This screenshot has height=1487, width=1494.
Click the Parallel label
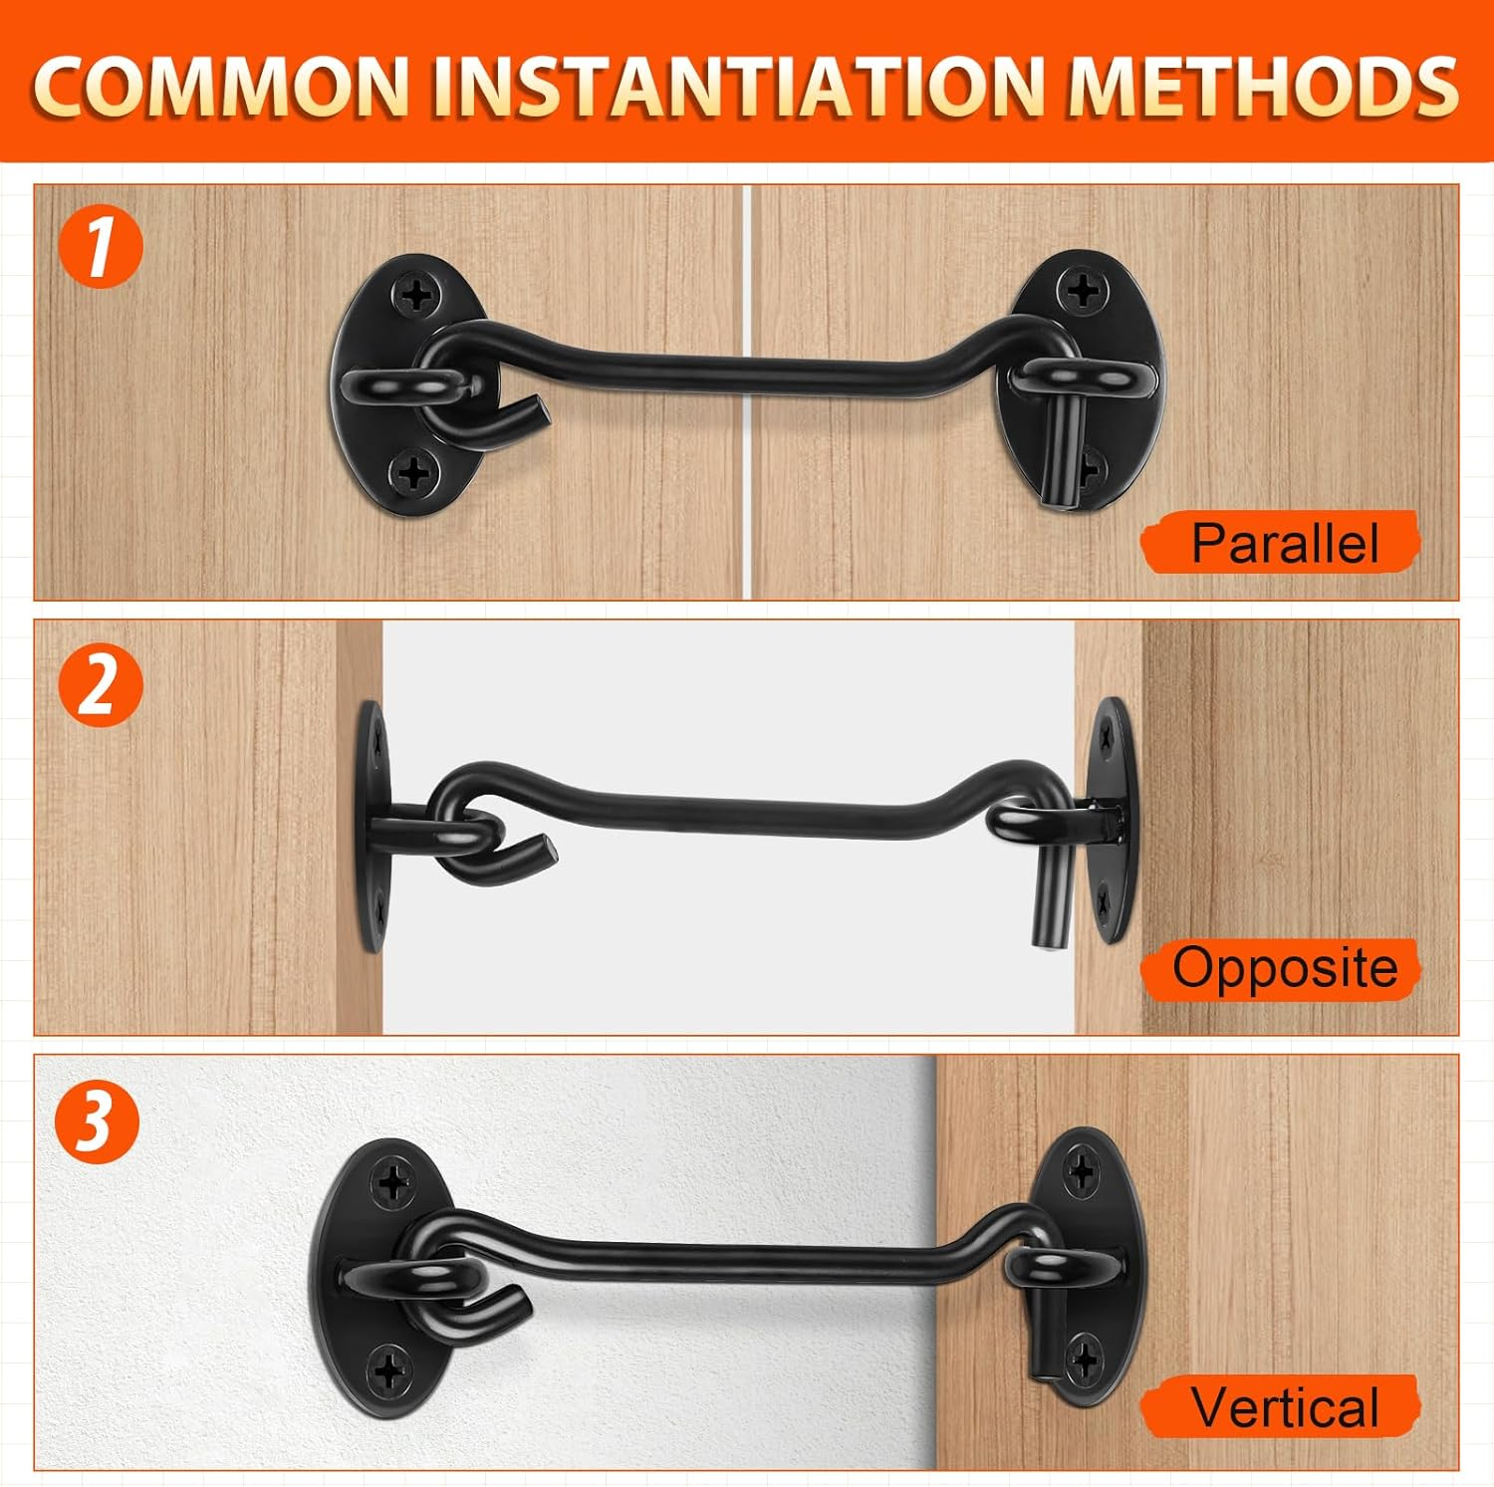1283,543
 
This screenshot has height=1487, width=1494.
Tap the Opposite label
1283,968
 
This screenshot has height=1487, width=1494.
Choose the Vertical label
1283,1406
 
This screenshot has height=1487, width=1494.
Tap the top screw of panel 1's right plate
1083,291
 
